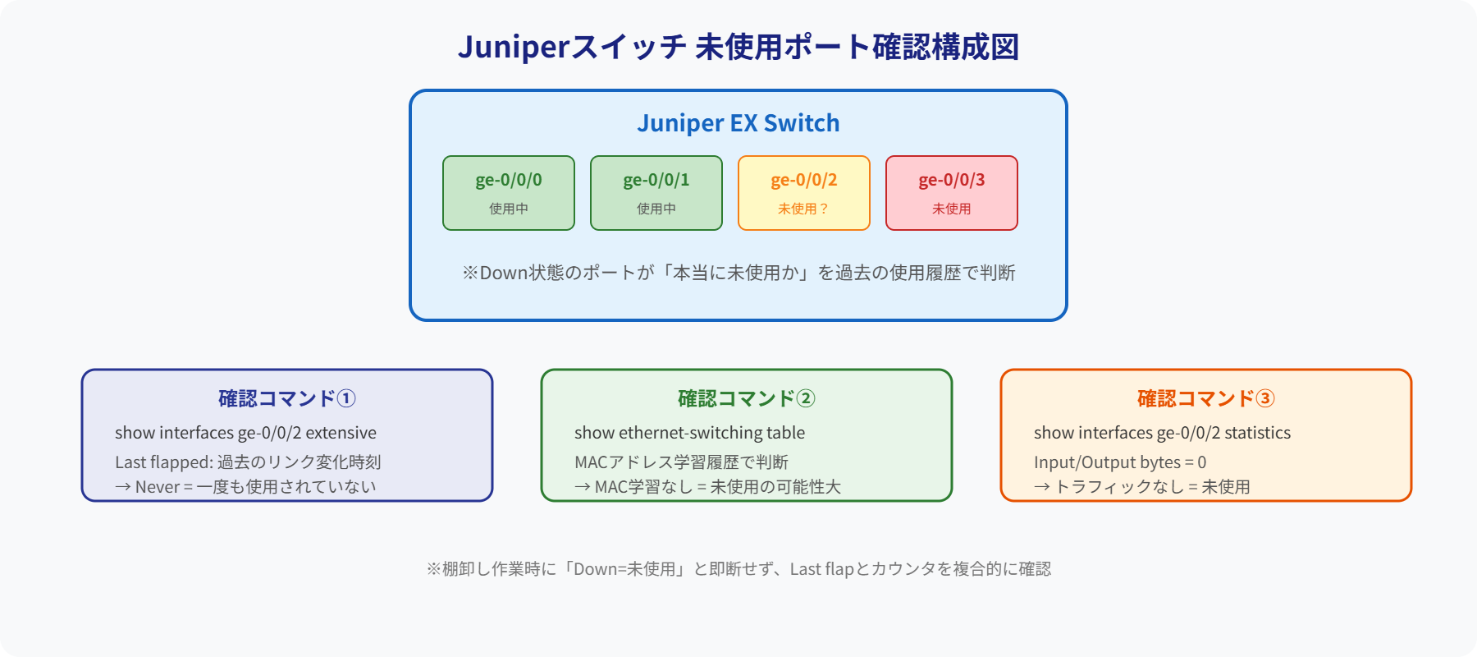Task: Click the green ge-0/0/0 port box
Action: click(x=509, y=193)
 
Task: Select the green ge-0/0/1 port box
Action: click(x=656, y=193)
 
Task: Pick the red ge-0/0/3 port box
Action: click(x=952, y=193)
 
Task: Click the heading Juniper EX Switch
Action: click(x=738, y=123)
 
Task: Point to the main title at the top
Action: click(x=738, y=47)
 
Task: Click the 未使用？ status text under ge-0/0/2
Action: click(x=804, y=209)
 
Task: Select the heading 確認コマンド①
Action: click(x=287, y=399)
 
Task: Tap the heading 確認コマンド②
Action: click(x=747, y=399)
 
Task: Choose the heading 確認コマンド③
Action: click(x=1206, y=399)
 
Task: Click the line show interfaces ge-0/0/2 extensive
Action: click(x=245, y=433)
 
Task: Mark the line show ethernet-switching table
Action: click(x=689, y=433)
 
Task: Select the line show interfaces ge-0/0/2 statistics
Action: click(x=1162, y=433)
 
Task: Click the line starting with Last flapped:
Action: click(x=248, y=462)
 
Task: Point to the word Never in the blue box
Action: click(x=158, y=487)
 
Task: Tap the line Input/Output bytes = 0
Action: click(x=1120, y=462)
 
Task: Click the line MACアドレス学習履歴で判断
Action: click(x=681, y=462)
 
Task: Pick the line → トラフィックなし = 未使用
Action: click(x=1142, y=487)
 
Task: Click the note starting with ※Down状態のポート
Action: click(x=738, y=273)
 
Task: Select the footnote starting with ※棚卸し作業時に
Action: click(x=738, y=569)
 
